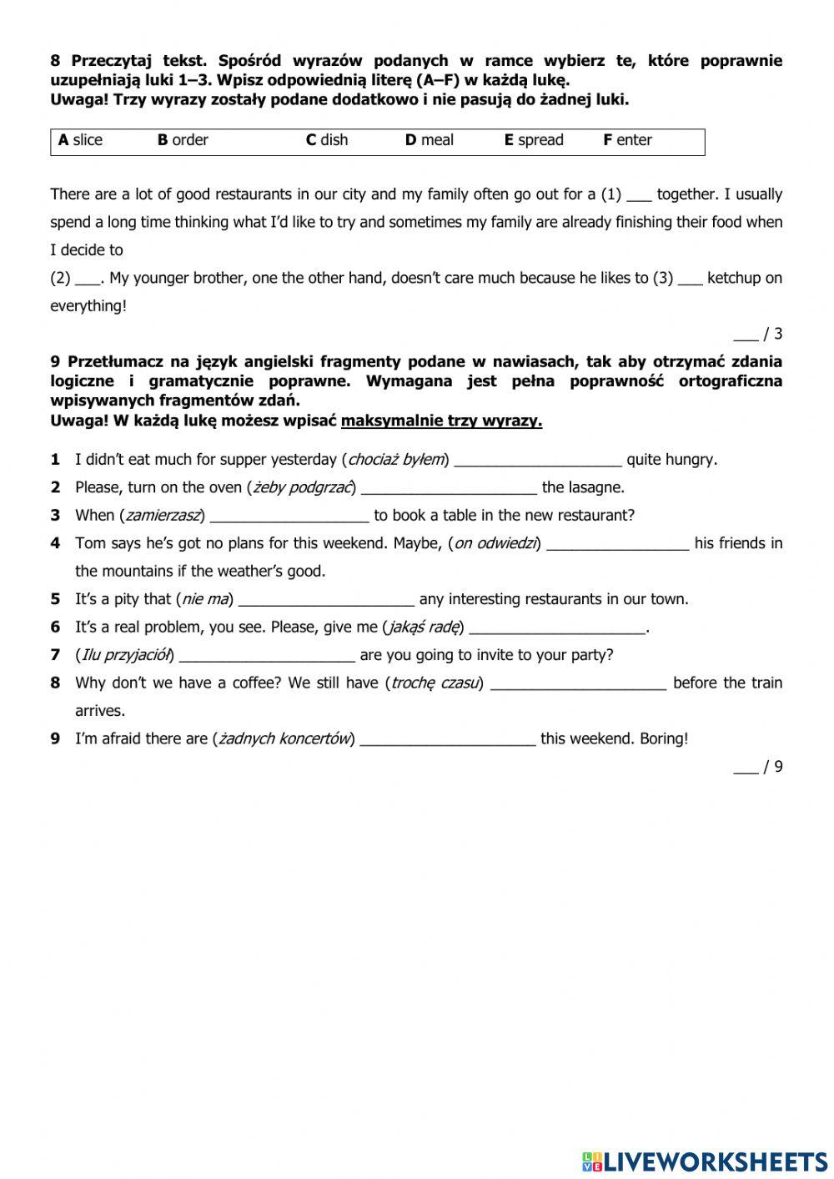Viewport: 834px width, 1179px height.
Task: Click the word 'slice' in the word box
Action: click(87, 140)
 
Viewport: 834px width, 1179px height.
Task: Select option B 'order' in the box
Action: click(189, 140)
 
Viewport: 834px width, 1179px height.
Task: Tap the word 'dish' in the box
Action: click(334, 140)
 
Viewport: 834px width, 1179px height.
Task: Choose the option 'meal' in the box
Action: click(437, 140)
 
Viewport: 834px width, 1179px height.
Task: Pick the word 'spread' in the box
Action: click(540, 140)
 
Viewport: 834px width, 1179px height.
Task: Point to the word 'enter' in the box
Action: click(634, 140)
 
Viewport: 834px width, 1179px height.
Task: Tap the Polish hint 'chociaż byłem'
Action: click(398, 460)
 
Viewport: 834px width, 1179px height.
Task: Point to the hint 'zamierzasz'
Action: click(164, 516)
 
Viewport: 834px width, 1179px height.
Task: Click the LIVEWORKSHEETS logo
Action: click(704, 1161)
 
